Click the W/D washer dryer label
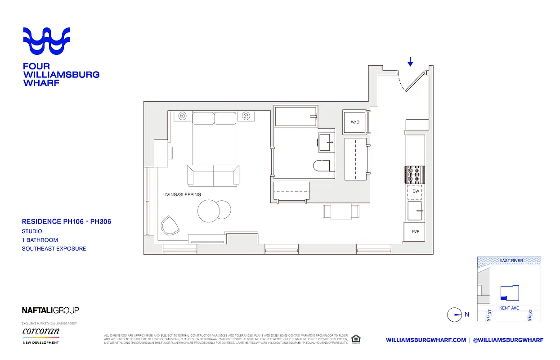(x=354, y=122)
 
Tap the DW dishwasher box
(x=416, y=191)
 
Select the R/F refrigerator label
(x=415, y=232)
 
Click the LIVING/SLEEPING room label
(x=182, y=194)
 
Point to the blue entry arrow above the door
(x=410, y=62)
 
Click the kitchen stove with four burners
(x=413, y=174)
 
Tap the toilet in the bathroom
(x=324, y=166)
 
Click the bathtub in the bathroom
(x=296, y=117)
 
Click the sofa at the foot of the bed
(x=214, y=175)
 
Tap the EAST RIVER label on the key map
(x=511, y=261)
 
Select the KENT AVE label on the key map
(x=509, y=308)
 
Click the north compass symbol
(x=455, y=315)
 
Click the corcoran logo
(x=41, y=332)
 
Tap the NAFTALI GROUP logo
(x=50, y=310)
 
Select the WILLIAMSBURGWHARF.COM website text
(x=426, y=340)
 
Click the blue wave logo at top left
(x=47, y=40)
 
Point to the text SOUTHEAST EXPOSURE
(x=54, y=248)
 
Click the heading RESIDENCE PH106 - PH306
(x=67, y=221)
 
